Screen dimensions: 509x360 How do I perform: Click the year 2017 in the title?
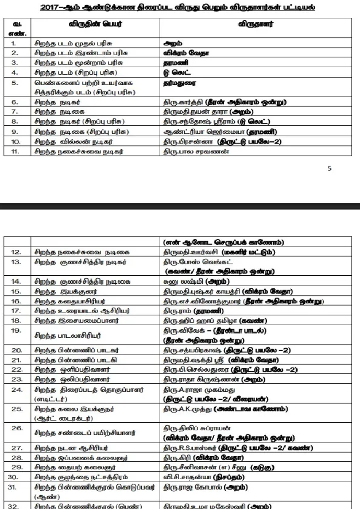52,9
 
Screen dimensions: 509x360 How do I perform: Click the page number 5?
330,169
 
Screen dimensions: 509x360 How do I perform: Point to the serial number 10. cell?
16,141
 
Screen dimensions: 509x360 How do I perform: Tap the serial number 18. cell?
16,320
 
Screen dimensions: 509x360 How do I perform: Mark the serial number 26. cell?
16,429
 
